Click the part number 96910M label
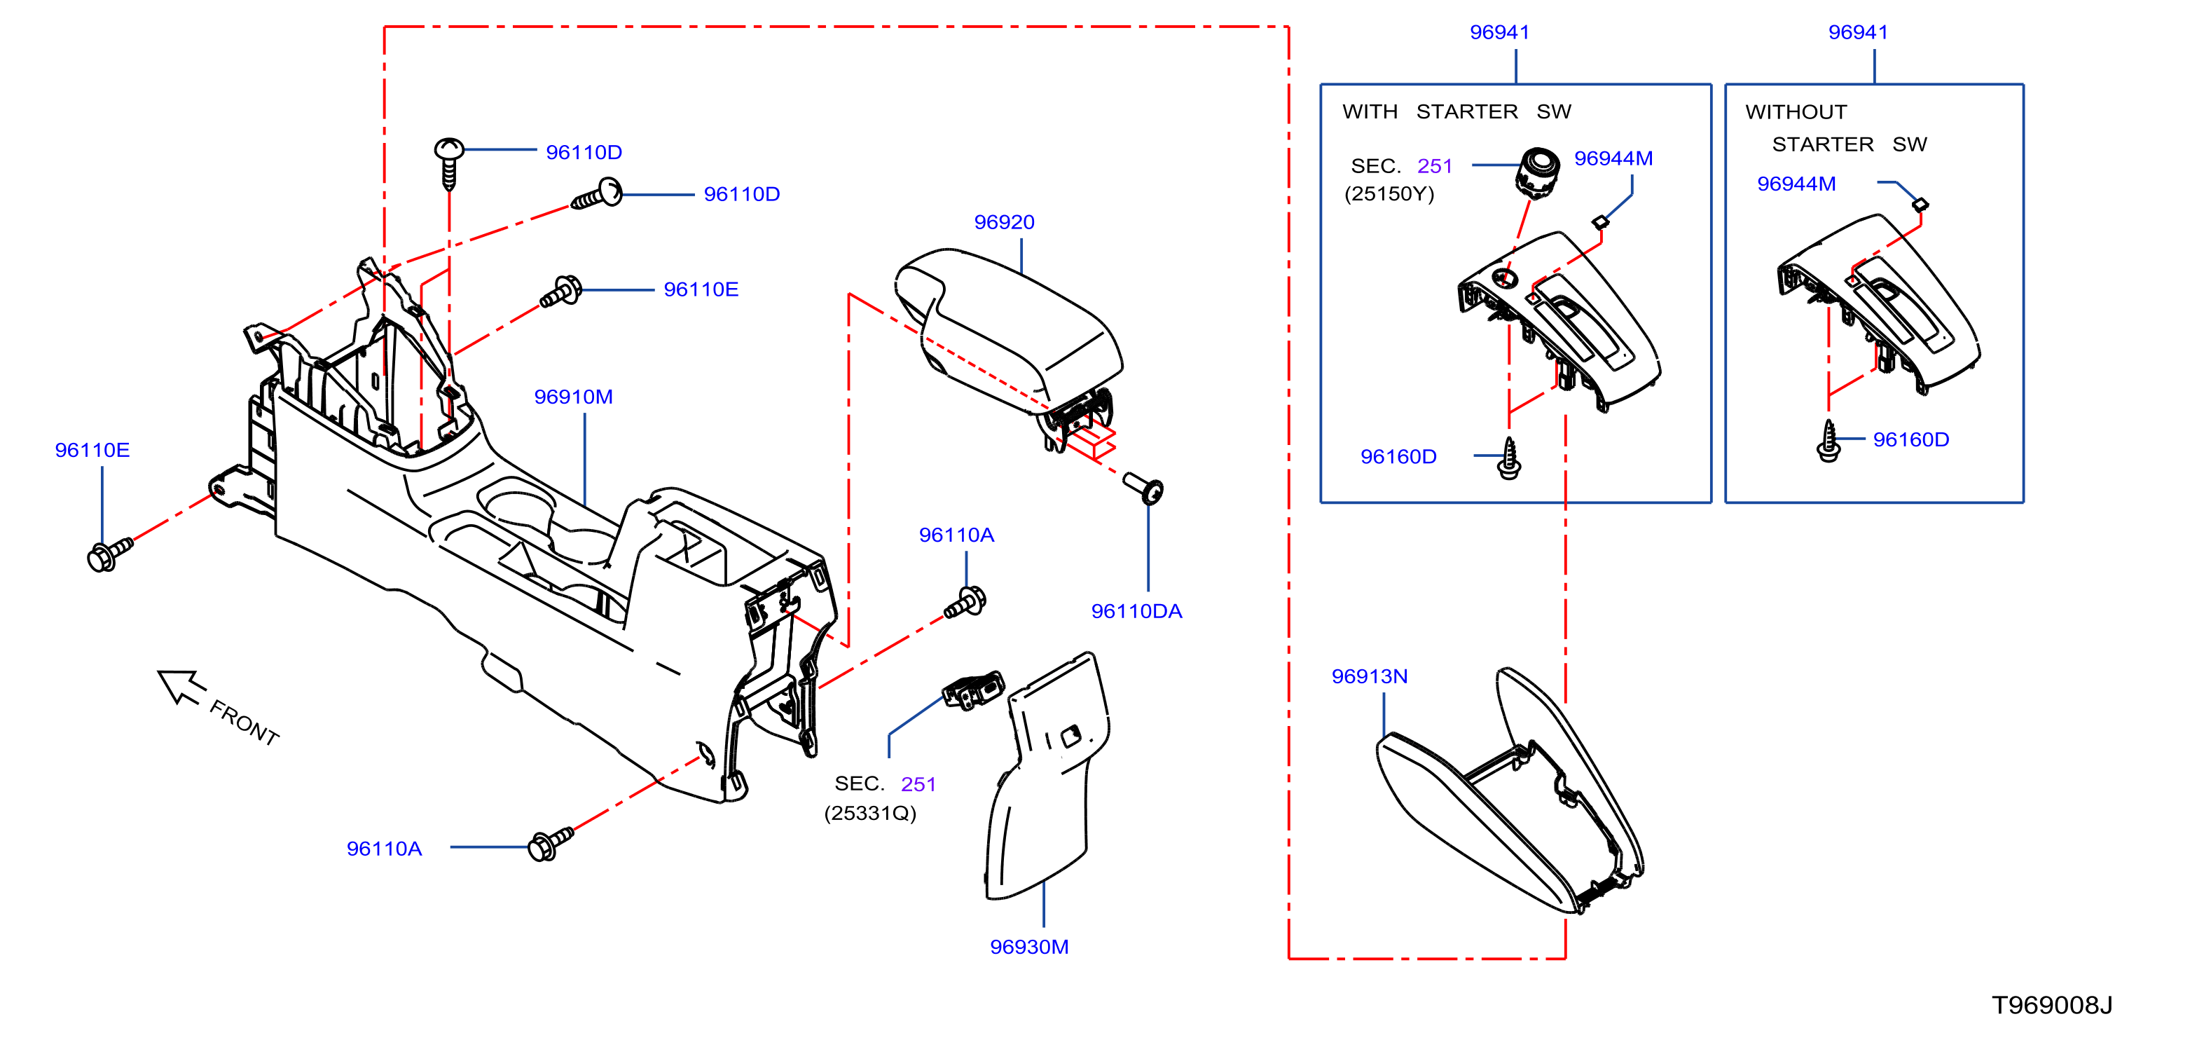tap(573, 397)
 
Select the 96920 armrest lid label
tap(1004, 222)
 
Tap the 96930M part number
tap(1028, 946)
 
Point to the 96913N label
tap(1369, 676)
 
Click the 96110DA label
tap(1136, 611)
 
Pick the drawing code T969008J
tap(2051, 1004)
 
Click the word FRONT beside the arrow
tap(245, 723)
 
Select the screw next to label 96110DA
tap(1143, 487)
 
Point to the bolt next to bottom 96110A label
tap(551, 844)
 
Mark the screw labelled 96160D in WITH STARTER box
tap(1509, 458)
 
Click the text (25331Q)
tap(870, 813)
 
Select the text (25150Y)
tap(1389, 193)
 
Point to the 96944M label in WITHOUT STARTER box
tap(1796, 184)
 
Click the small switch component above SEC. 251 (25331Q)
tap(973, 690)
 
